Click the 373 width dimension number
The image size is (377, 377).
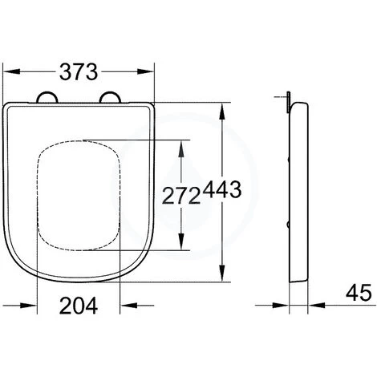[79, 71]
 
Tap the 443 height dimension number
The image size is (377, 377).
[221, 189]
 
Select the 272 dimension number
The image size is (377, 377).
[181, 196]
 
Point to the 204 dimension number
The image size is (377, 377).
[79, 306]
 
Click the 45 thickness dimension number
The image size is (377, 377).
[359, 293]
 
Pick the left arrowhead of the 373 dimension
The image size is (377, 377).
[11, 71]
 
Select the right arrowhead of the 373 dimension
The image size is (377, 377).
[146, 71]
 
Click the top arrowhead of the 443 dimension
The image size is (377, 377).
[221, 111]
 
